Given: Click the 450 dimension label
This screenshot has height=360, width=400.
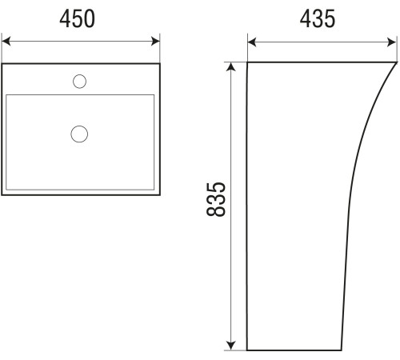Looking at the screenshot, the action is pyautogui.click(x=77, y=18).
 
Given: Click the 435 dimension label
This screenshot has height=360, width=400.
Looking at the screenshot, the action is pyautogui.click(x=318, y=18).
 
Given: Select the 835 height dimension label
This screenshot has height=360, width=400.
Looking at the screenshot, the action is pyautogui.click(x=216, y=199).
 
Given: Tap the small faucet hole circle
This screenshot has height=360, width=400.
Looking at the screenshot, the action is pyautogui.click(x=79, y=82).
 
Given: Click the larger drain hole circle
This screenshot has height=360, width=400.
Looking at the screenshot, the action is pyautogui.click(x=79, y=134).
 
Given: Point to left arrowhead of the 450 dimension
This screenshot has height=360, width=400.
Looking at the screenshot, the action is pyautogui.click(x=6, y=42).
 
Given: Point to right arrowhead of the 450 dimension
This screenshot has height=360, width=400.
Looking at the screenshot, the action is pyautogui.click(x=155, y=42).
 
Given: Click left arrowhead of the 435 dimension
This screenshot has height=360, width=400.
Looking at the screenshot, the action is pyautogui.click(x=252, y=42).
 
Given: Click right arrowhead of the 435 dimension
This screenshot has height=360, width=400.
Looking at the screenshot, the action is pyautogui.click(x=391, y=42).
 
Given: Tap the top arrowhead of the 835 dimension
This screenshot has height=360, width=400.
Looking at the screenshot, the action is pyautogui.click(x=231, y=67).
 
